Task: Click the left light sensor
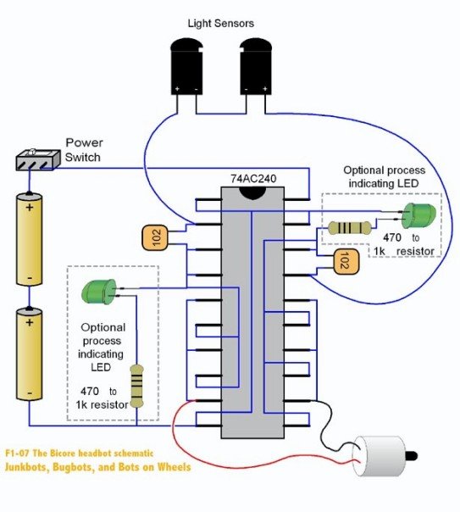187,67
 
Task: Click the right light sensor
256,67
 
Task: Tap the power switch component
38,160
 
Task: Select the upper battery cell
30,239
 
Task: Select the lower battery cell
30,354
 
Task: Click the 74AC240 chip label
253,179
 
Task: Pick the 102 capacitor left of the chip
155,237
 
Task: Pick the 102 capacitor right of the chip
346,262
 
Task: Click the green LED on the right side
418,216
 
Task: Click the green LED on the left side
99,292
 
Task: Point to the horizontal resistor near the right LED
349,228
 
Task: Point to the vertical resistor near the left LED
136,387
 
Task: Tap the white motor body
380,456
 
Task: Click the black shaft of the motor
411,455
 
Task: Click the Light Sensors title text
221,24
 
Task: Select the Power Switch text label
84,150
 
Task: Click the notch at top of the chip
252,192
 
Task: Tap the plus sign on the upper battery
30,207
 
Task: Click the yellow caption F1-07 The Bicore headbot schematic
79,454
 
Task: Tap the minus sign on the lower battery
30,392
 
